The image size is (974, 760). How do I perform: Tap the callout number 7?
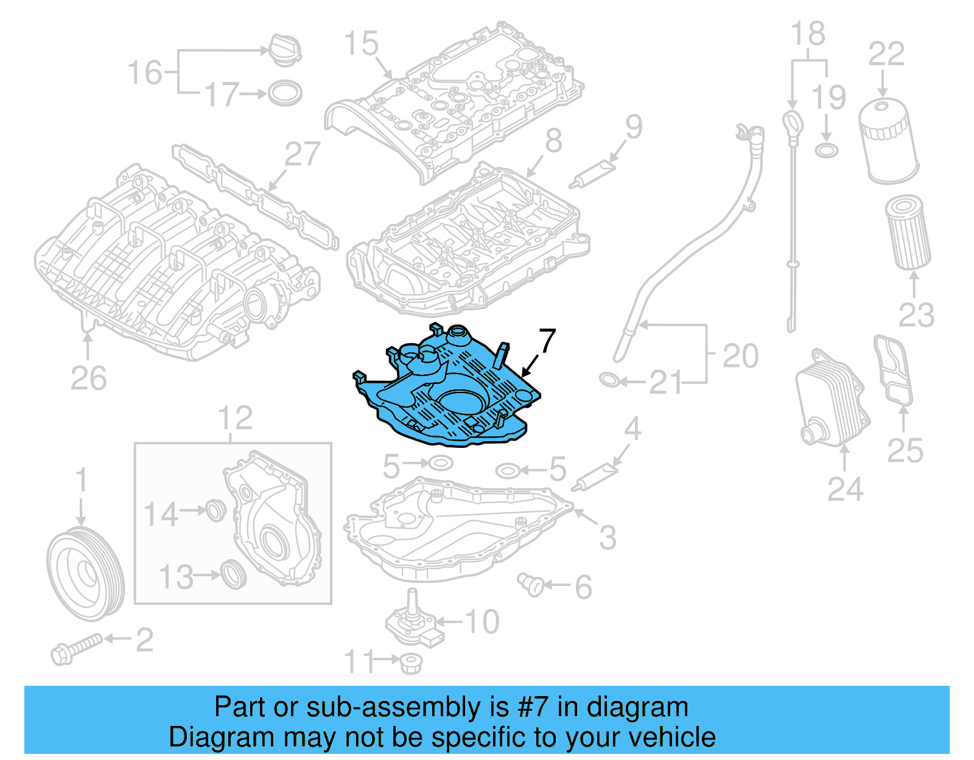point(547,341)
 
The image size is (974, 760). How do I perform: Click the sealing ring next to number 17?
point(285,93)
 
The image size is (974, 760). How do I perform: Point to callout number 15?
point(361,44)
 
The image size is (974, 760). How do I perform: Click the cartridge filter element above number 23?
point(908,232)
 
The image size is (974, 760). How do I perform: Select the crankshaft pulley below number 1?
point(85,575)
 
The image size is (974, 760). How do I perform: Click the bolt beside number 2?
point(75,649)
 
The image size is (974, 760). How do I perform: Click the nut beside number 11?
point(411,663)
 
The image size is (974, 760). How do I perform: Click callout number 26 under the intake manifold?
point(88,378)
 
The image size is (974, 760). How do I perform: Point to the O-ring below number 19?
point(826,150)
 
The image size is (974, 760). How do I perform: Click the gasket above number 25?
point(893,369)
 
